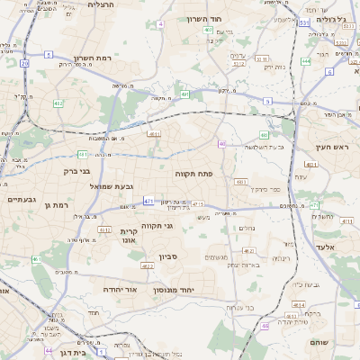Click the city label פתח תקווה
pos(193,171)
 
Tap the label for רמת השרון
pos(93,58)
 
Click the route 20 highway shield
pos(25,64)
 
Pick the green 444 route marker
pos(306,61)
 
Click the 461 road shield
pos(37,259)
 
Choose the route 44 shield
pos(49,351)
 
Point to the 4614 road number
pos(296,304)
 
